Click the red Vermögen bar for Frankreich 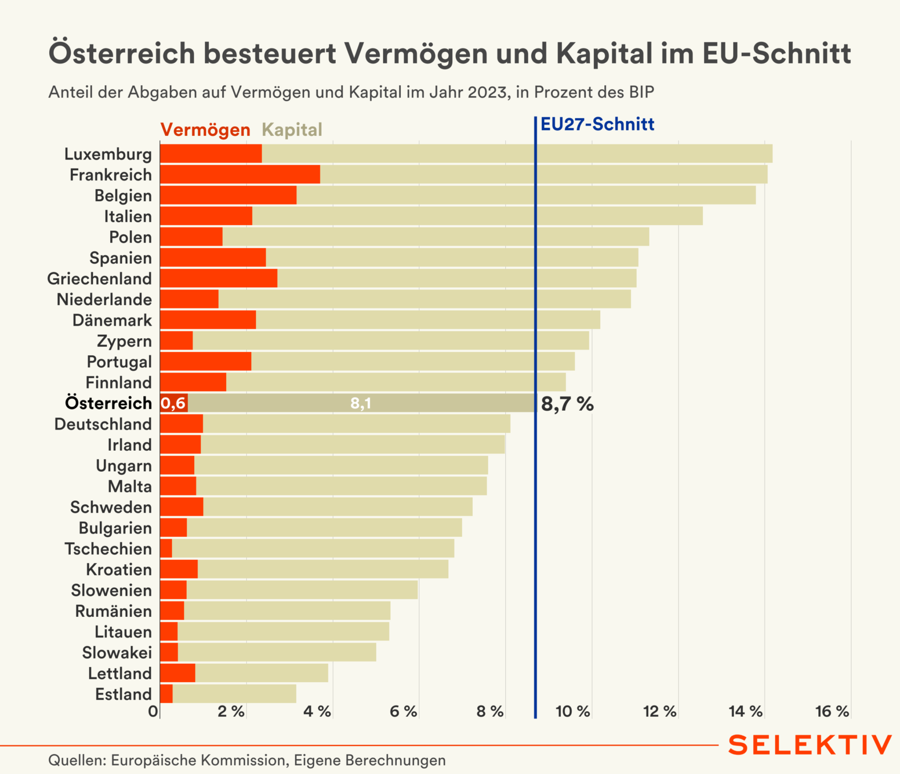click(240, 174)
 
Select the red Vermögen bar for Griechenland click(218, 278)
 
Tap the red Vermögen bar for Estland click(166, 693)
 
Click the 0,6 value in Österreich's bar click(173, 403)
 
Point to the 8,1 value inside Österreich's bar click(361, 403)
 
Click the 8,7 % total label click(567, 404)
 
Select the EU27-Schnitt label click(597, 124)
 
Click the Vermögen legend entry click(205, 130)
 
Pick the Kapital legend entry click(292, 130)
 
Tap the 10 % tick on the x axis click(573, 711)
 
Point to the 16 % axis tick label click(832, 711)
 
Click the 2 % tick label click(231, 711)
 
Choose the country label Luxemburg click(108, 154)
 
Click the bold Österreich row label click(109, 403)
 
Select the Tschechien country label click(108, 548)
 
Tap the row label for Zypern click(124, 341)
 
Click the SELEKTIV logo click(810, 745)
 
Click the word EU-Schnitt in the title click(777, 53)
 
